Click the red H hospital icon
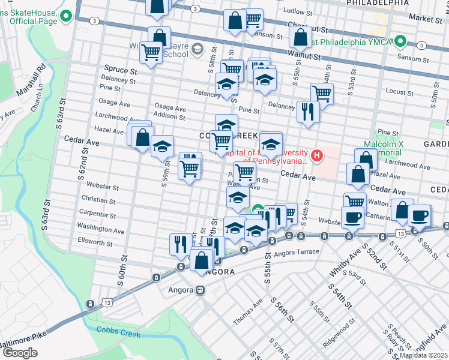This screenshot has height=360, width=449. point(316,156)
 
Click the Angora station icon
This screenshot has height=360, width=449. point(199,290)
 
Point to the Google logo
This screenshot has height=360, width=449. point(20,353)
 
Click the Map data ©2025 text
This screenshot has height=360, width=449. point(424,355)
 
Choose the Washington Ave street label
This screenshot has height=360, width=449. point(100,229)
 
